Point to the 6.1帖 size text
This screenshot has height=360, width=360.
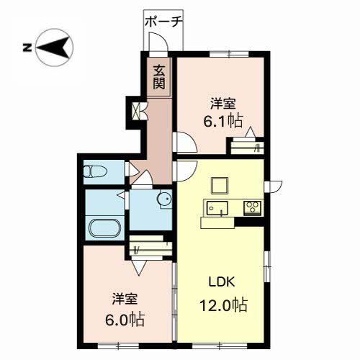click(x=222, y=121)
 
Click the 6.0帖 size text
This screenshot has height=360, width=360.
click(x=128, y=318)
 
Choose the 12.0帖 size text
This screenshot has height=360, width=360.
click(x=224, y=305)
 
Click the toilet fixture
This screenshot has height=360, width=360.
click(x=94, y=172)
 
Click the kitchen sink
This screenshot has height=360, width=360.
click(x=216, y=209)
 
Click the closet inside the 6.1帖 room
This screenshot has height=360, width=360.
click(x=246, y=148)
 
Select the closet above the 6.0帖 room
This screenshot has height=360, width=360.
click(x=150, y=250)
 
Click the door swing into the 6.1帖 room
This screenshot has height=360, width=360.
click(x=183, y=143)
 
